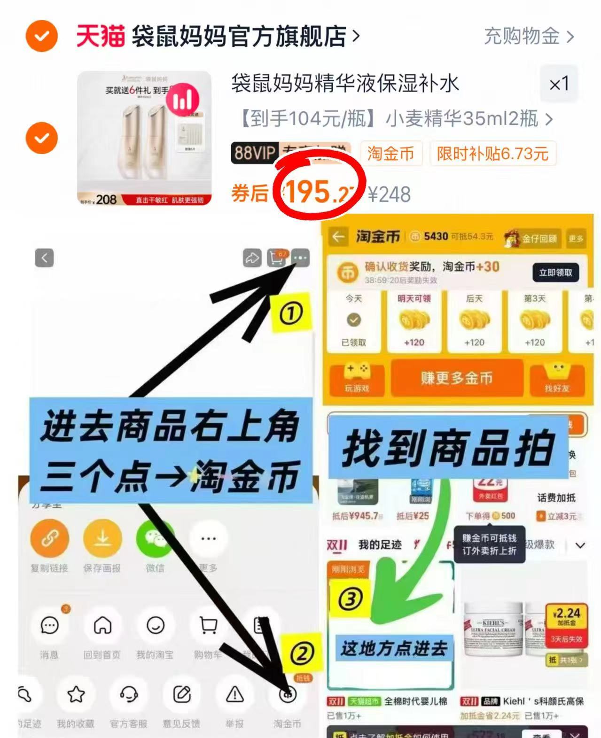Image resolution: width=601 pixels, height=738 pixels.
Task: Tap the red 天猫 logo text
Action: tap(101, 36)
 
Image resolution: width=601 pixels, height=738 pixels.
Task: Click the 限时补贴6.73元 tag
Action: tap(492, 154)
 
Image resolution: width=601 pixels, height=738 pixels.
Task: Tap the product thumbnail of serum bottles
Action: tap(144, 138)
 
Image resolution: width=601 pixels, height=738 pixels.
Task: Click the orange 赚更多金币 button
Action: tap(456, 378)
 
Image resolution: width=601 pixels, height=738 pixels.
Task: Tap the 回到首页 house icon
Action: tap(102, 626)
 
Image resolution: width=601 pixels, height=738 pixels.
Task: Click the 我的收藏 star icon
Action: tap(76, 694)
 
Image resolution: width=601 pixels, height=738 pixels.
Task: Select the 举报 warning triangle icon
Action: tap(234, 694)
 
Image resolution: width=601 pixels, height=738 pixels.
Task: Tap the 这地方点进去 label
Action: tap(394, 649)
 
